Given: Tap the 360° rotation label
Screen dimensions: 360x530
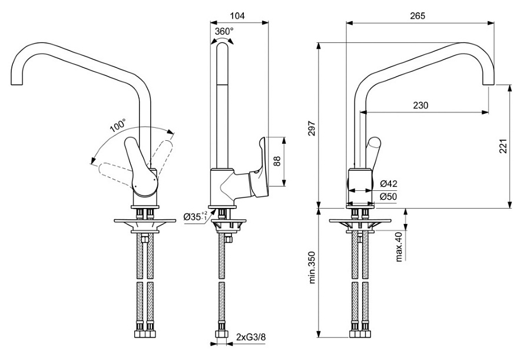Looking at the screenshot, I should [224, 31].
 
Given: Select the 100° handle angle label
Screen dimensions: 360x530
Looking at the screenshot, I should [118, 126].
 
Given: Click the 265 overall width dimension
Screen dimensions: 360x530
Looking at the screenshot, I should [417, 15].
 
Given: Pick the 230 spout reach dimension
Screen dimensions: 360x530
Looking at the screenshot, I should [420, 105].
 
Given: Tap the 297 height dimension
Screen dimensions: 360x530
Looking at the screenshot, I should [312, 128].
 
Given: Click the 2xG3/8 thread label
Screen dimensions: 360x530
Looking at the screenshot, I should [250, 336].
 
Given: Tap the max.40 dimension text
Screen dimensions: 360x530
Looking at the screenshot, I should [399, 246].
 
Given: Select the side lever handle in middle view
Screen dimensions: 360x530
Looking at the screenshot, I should [260, 171].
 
